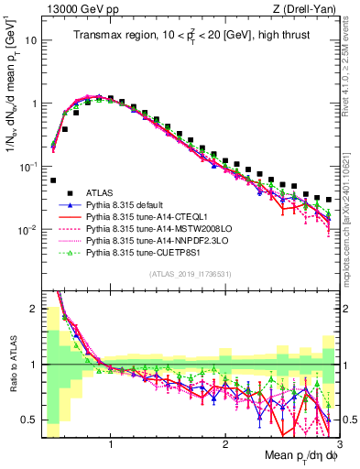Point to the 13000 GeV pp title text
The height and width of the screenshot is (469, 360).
click(75, 8)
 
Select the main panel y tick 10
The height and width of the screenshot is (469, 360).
click(31, 41)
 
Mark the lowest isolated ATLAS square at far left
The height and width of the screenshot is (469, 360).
click(53, 180)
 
